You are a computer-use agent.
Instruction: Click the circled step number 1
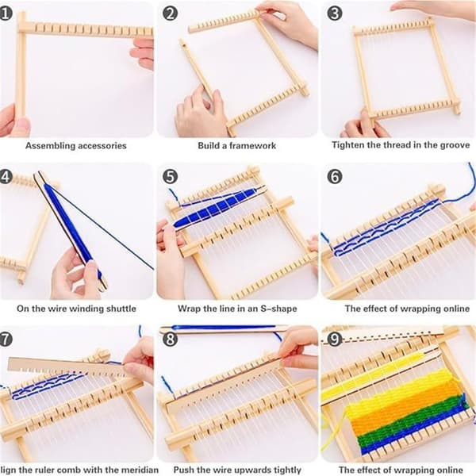(x=6, y=13)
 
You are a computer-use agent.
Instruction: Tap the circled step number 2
(x=170, y=13)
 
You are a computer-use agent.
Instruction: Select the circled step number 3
(x=335, y=13)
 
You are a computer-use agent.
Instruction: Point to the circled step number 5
(x=170, y=177)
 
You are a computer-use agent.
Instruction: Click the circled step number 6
(x=335, y=177)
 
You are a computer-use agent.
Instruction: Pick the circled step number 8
(x=170, y=339)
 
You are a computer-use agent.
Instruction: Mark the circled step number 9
(x=335, y=339)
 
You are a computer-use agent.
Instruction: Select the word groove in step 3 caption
(x=455, y=145)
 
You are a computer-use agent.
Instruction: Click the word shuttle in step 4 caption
(x=121, y=309)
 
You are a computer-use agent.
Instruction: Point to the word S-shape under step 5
(x=278, y=309)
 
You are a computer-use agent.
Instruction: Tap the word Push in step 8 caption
(x=183, y=470)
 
